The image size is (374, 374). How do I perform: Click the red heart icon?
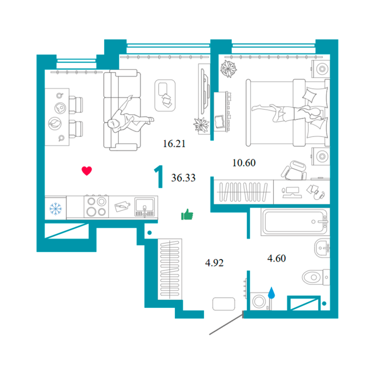click(87, 171)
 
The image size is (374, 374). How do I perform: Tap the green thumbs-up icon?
click(187, 214)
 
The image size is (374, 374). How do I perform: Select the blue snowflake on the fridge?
click(56, 209)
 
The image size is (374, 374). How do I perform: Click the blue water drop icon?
click(271, 293)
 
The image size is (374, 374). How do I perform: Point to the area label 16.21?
click(174, 144)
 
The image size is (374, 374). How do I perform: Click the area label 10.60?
click(244, 163)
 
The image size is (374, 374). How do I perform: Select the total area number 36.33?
click(183, 178)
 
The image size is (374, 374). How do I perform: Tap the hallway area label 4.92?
click(214, 263)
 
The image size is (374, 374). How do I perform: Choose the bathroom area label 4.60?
click(277, 258)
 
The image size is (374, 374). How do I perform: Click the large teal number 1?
click(159, 176)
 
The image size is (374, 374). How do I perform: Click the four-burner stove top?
click(96, 206)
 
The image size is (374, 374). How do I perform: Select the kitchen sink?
click(145, 207)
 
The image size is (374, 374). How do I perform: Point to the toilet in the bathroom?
click(316, 277)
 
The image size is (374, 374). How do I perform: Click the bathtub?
click(295, 222)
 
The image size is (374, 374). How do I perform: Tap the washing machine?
click(260, 301)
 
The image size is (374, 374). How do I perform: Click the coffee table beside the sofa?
click(165, 95)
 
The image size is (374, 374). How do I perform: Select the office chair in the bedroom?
click(294, 170)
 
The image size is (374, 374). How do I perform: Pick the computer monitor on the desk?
click(292, 192)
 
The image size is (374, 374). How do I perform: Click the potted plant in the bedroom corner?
click(228, 69)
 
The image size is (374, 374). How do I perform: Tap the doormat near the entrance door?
click(224, 304)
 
